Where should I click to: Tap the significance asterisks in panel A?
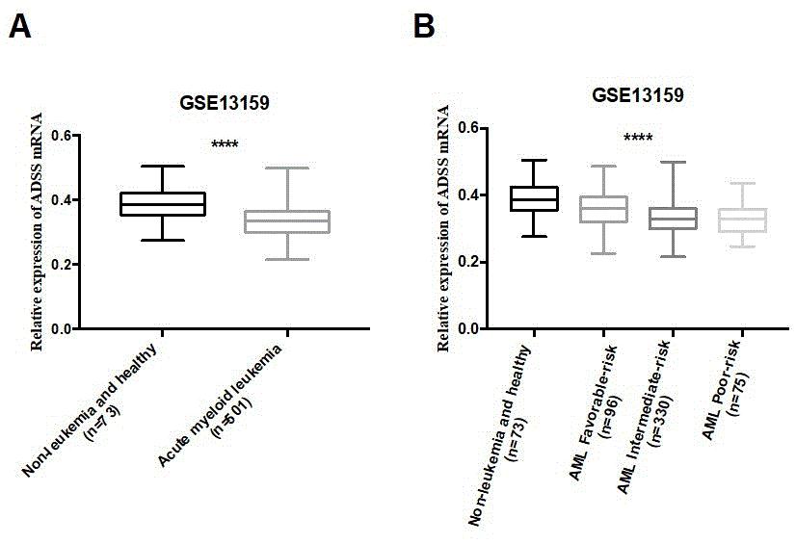click(225, 145)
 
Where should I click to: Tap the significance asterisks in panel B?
click(638, 139)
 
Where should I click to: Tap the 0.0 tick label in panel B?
click(469, 329)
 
